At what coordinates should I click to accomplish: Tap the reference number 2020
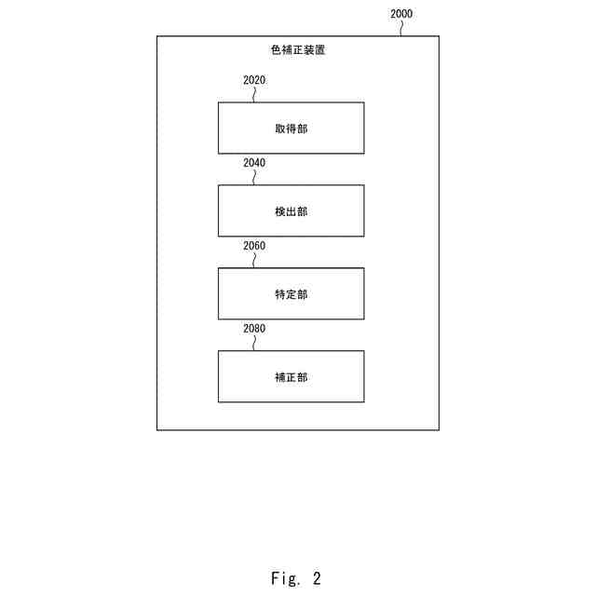(x=254, y=80)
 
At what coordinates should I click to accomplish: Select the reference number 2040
(x=254, y=163)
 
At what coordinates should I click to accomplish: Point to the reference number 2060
(x=254, y=246)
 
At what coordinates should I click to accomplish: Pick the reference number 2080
(x=254, y=329)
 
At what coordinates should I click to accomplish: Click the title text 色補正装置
(x=296, y=49)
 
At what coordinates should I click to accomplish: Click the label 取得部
(x=291, y=129)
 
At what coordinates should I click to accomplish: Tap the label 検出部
(x=291, y=211)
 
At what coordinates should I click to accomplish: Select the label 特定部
(x=291, y=294)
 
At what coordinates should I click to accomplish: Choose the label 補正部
(x=291, y=377)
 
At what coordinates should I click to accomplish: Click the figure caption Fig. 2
(x=296, y=578)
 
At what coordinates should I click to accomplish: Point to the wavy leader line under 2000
(x=402, y=28)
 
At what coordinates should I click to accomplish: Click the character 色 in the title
(x=273, y=49)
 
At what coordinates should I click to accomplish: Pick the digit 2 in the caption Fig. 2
(x=317, y=578)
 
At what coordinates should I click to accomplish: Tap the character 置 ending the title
(x=319, y=49)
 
